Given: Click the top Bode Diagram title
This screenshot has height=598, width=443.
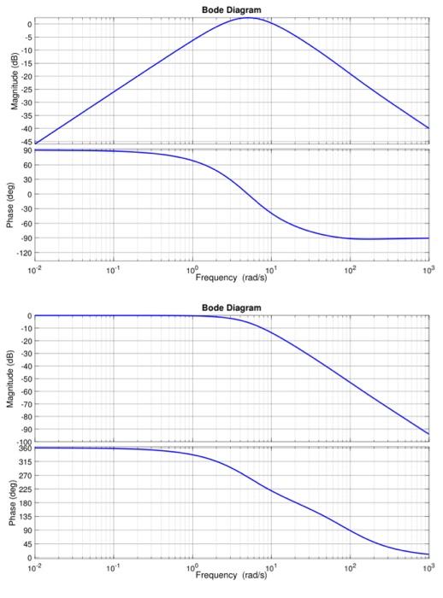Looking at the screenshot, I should (x=231, y=9).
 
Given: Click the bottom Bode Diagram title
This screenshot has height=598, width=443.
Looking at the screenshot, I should (x=231, y=307).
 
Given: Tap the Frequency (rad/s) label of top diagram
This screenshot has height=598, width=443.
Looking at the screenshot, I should (x=231, y=278).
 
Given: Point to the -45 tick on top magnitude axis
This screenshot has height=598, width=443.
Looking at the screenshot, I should (x=27, y=142).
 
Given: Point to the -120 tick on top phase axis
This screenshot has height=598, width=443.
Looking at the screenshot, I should (x=25, y=253).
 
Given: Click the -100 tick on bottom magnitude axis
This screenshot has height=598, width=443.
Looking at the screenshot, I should (x=25, y=442).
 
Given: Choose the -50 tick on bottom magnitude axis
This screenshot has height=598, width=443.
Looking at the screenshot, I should (x=27, y=378).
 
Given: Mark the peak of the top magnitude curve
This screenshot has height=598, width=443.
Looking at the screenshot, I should (x=248, y=17).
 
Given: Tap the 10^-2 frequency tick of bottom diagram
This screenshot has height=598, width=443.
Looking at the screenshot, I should (x=35, y=566).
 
